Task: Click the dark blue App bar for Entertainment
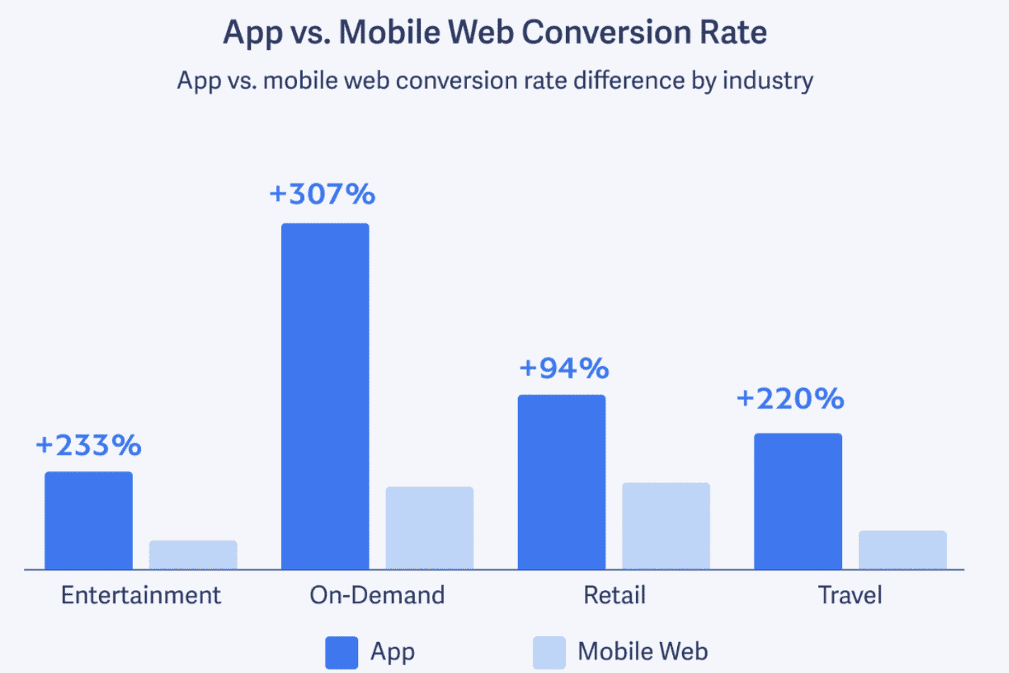88,520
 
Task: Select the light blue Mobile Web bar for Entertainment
193,555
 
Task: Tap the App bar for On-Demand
325,396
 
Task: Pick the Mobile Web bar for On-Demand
429,527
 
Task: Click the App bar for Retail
561,482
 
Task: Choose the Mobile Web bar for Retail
666,526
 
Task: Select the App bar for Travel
798,501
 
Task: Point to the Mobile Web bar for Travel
902,550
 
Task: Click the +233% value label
88,445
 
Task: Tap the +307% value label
323,194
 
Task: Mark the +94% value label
564,368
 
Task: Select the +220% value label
790,399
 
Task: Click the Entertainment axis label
141,595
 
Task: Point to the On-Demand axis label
377,595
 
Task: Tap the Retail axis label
614,595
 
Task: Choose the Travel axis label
850,595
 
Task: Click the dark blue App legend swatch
341,652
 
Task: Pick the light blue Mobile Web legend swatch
549,652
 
